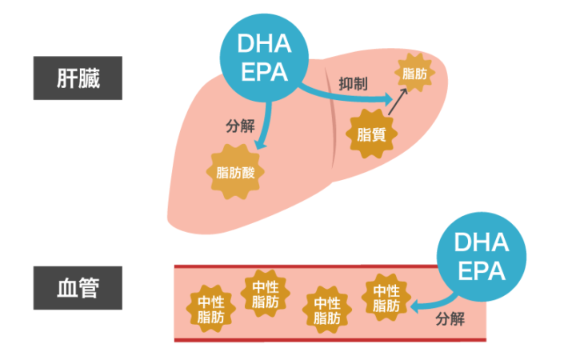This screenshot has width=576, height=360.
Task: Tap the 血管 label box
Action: (78, 287)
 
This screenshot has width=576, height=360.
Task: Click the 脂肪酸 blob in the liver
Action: (235, 170)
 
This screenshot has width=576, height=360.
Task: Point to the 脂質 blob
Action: (370, 134)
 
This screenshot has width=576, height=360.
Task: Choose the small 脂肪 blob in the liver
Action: (414, 74)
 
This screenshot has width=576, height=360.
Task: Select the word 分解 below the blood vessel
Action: (450, 318)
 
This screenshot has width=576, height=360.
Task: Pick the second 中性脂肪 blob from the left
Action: (266, 294)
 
